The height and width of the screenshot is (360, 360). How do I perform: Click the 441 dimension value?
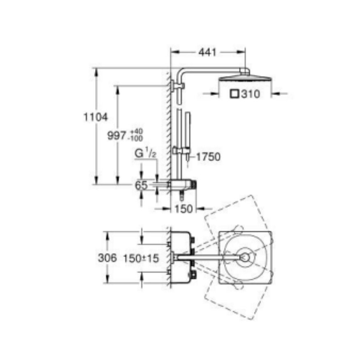207,52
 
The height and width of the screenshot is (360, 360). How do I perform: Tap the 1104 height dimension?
95,117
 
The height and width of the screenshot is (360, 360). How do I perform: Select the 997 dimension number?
117,135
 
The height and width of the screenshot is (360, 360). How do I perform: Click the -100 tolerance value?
136,138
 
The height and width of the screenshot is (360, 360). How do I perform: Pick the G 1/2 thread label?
145,153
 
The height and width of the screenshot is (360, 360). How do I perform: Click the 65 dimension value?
141,185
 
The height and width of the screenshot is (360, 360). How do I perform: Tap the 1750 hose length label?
208,157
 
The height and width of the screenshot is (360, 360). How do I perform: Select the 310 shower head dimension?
251,94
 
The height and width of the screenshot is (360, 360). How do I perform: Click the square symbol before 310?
235,94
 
